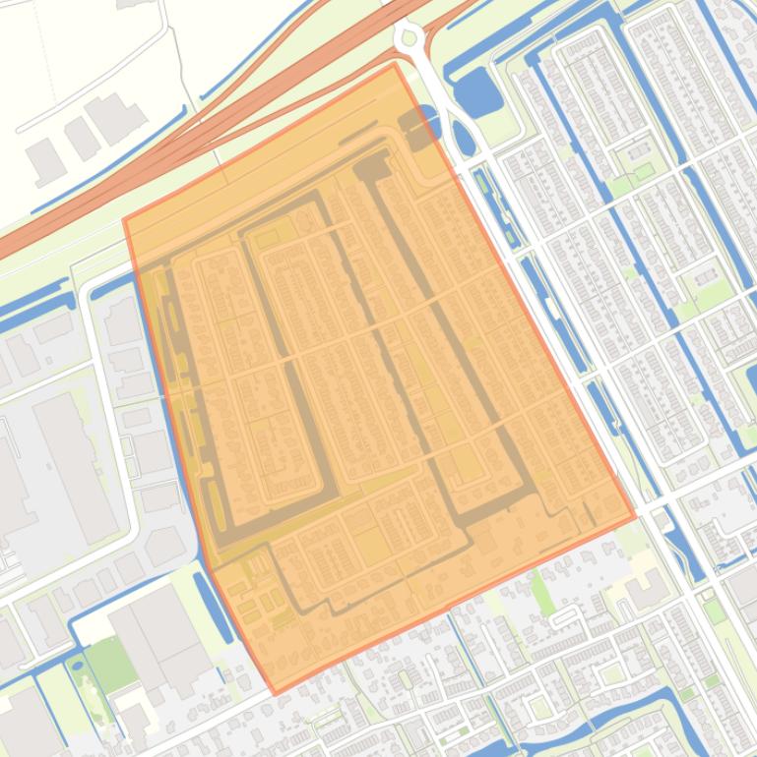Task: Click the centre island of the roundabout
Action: click(409, 37)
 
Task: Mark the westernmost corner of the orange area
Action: click(124, 220)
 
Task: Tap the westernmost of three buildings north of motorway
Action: click(44, 159)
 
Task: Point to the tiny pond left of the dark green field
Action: click(77, 666)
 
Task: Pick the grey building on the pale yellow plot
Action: click(645, 588)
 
